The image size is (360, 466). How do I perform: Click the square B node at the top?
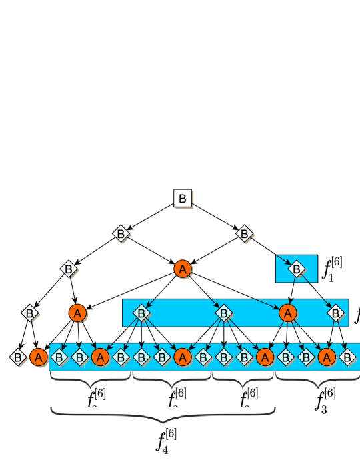(183, 198)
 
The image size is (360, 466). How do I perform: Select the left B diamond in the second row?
(121, 234)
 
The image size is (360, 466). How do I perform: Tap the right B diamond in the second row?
(243, 234)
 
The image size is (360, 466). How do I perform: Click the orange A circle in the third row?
(183, 269)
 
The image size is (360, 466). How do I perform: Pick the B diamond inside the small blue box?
(297, 269)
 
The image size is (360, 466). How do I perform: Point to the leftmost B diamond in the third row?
(68, 269)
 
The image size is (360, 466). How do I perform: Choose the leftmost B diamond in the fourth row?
(29, 312)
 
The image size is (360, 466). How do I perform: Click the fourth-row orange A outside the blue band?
(78, 312)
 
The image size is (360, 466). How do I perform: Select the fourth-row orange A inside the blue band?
(287, 312)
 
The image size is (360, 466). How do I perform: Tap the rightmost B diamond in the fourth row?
(337, 312)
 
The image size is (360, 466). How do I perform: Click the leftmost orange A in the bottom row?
(39, 357)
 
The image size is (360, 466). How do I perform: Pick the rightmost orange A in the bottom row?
(326, 357)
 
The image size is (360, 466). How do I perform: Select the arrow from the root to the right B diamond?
(214, 216)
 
